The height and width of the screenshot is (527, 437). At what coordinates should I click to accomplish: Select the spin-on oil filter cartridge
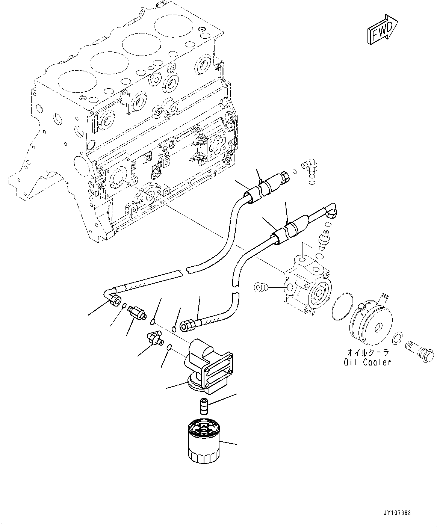pyautogui.click(x=203, y=442)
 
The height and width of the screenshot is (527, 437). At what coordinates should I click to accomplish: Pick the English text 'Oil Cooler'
pyautogui.click(x=367, y=362)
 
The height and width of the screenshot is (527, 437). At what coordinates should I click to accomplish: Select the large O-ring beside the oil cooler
pyautogui.click(x=342, y=307)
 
